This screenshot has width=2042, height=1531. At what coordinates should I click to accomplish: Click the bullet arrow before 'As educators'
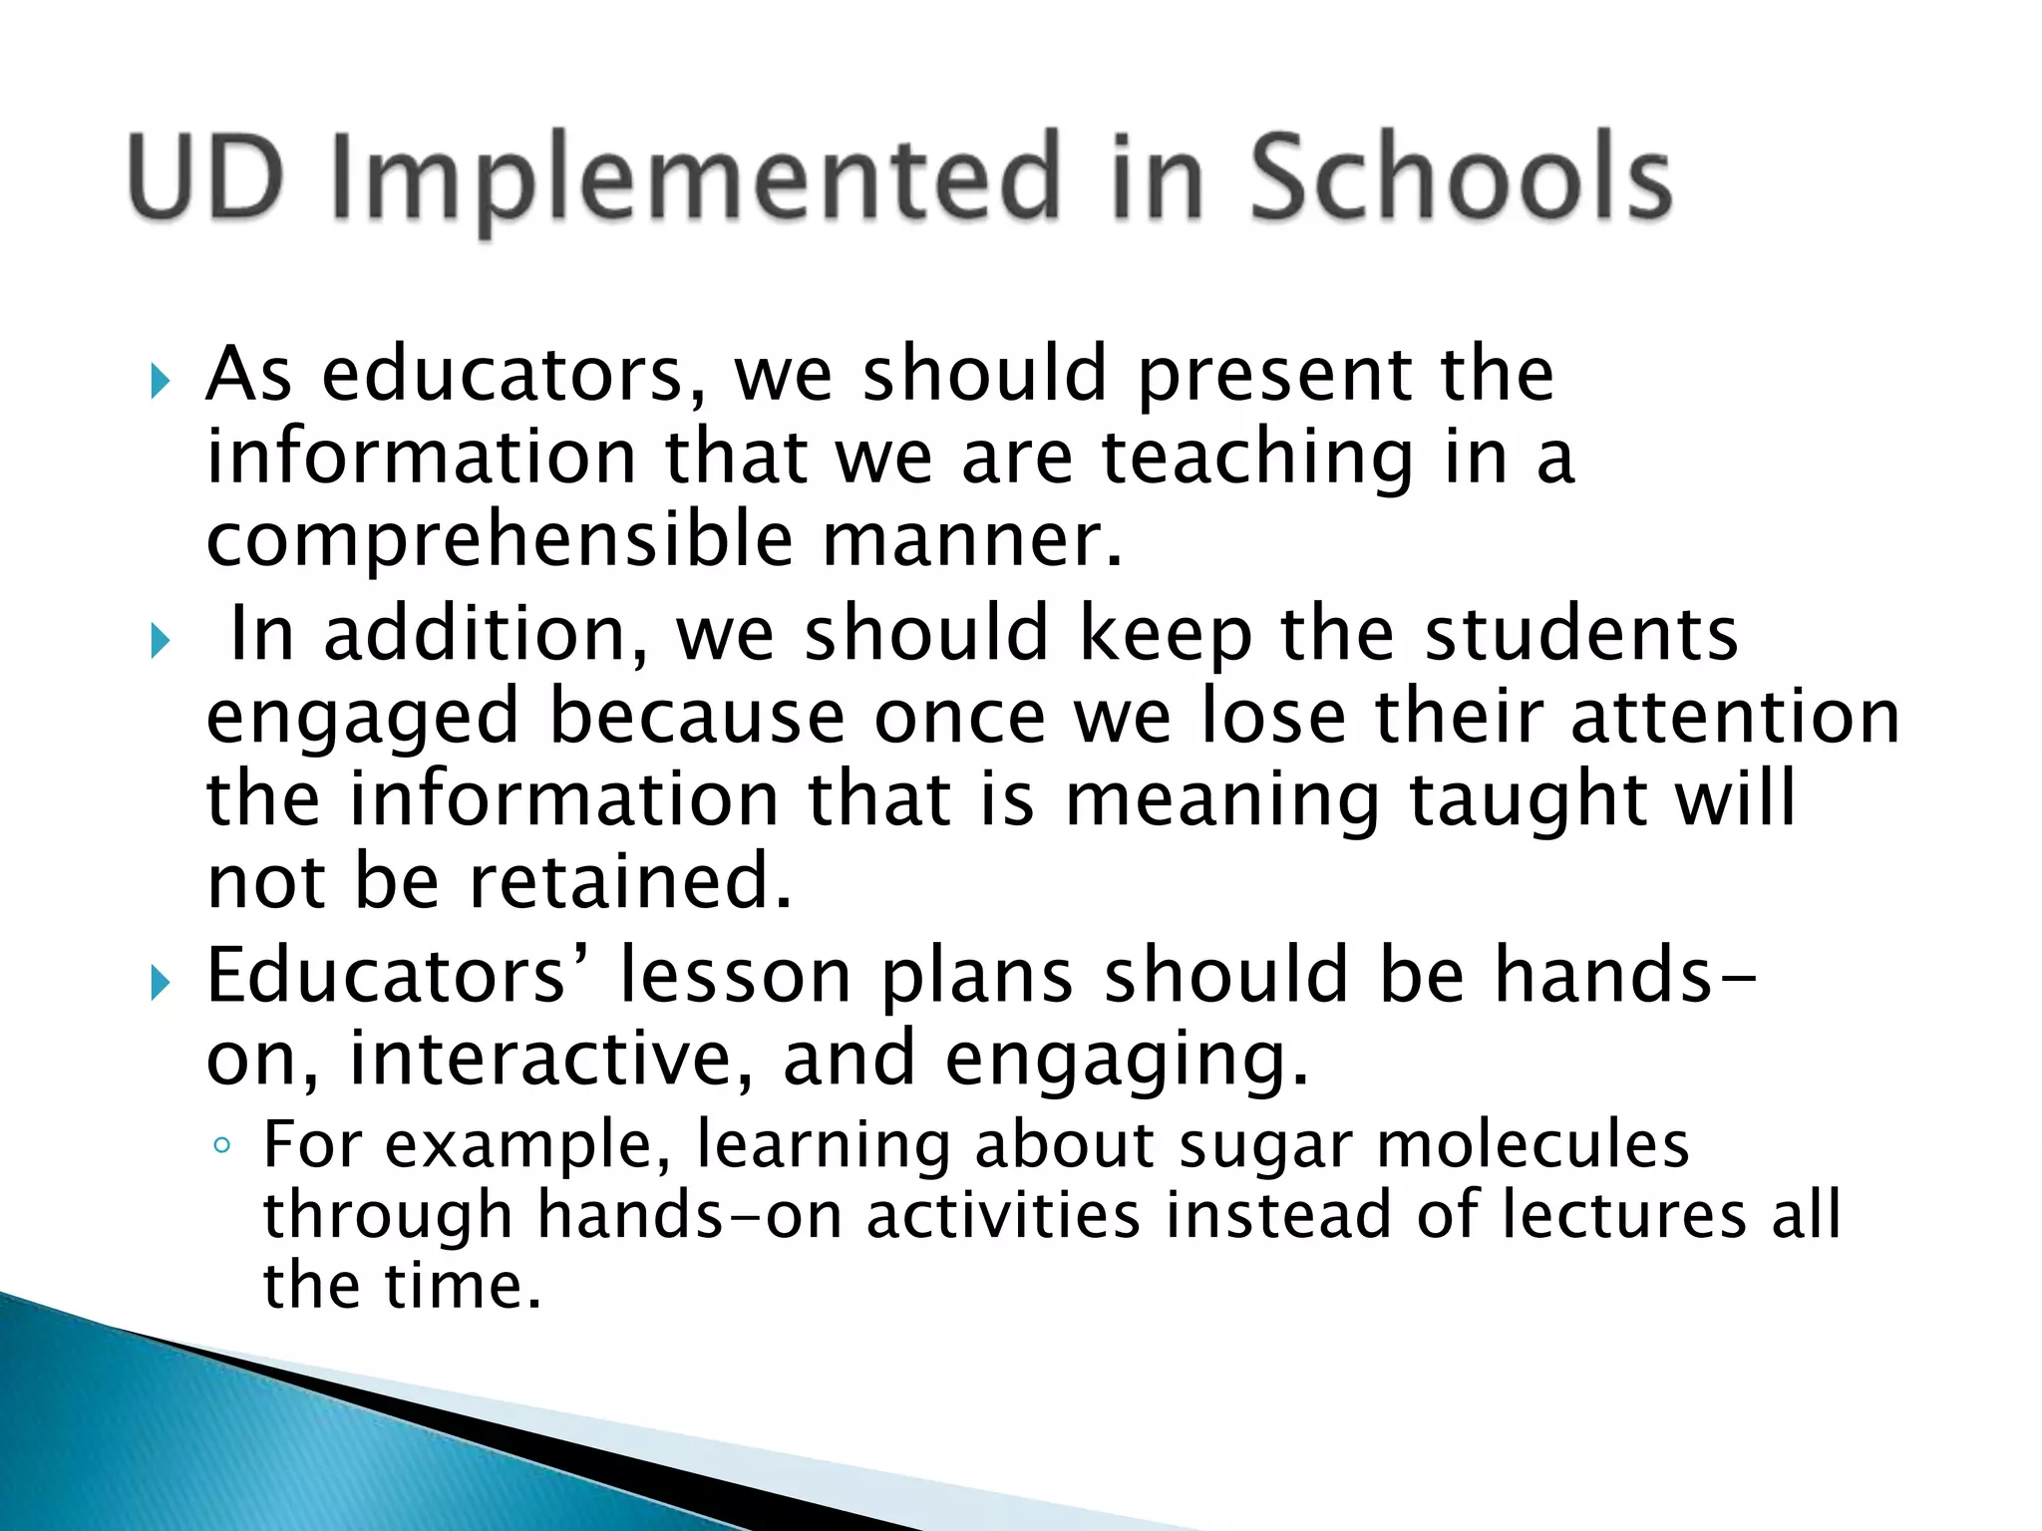coord(160,380)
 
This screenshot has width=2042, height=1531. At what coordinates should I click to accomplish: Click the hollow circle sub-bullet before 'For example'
coord(222,1146)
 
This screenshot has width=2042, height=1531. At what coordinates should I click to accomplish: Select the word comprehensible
coord(500,540)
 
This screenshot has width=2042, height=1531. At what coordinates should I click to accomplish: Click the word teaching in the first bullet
coord(1257,459)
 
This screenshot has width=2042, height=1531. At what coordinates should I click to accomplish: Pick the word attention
coord(1735,717)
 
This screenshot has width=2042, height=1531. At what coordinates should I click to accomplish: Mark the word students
coord(1580,635)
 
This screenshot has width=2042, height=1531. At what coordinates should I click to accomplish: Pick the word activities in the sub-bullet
coord(1002,1215)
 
